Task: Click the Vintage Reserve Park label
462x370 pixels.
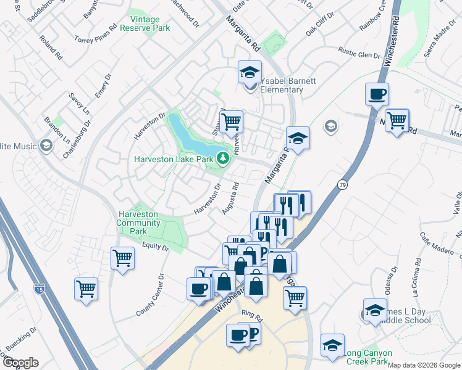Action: (x=145, y=24)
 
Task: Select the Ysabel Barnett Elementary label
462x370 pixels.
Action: (x=281, y=85)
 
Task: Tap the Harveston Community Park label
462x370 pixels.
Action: (x=138, y=223)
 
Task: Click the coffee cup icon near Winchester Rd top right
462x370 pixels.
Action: (x=377, y=94)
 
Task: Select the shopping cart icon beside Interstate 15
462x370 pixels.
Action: (x=86, y=288)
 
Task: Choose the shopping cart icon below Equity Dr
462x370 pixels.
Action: (x=122, y=257)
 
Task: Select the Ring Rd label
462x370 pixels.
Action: (x=253, y=316)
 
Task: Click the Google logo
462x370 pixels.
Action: (x=20, y=362)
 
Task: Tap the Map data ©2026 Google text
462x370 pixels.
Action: (x=424, y=365)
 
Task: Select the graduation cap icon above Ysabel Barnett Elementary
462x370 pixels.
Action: (x=250, y=73)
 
